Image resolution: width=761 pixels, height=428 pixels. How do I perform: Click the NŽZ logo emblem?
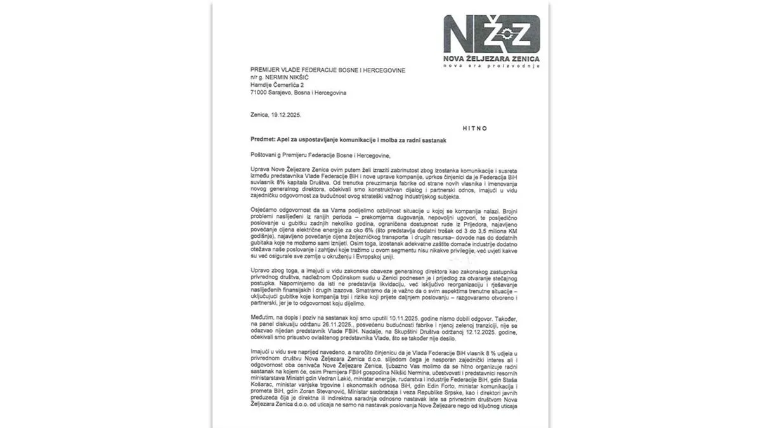tap(491, 34)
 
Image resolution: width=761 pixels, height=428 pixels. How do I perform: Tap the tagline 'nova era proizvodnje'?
tap(491, 65)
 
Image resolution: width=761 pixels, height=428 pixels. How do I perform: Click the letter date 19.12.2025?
tap(288, 115)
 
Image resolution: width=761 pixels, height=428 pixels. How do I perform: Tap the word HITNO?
tap(473, 128)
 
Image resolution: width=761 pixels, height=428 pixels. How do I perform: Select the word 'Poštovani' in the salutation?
tap(264, 154)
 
